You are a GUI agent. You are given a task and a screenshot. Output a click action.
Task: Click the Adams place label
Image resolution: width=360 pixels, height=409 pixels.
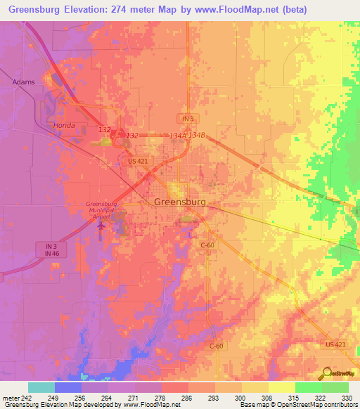23,82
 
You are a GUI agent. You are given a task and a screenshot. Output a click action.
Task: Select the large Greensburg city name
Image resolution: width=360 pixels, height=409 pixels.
179,202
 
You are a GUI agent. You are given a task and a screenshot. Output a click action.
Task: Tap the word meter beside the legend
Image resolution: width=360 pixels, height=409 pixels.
11,398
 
